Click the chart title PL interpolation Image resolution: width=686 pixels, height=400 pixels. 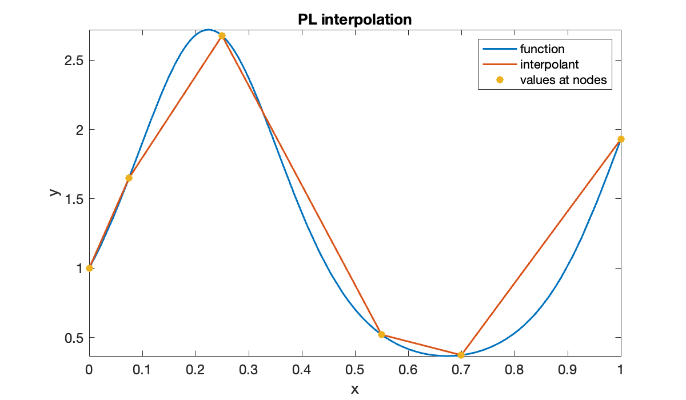[354, 19]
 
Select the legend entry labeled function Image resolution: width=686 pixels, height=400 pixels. [542, 49]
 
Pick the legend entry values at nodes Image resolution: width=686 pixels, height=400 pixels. [563, 80]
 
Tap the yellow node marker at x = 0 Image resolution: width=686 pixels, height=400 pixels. [89, 268]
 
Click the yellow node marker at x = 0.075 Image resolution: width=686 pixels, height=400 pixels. [129, 178]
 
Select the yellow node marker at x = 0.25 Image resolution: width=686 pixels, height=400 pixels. [222, 35]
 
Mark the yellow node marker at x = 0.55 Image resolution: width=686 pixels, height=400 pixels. [381, 334]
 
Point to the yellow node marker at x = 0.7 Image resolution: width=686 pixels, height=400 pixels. [461, 355]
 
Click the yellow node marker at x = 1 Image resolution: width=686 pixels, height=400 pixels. [621, 139]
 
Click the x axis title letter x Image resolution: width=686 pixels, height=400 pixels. [354, 389]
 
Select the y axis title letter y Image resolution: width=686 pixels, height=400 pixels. [54, 193]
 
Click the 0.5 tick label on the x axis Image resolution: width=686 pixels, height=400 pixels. [355, 370]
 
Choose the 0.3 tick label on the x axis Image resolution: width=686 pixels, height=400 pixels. [249, 370]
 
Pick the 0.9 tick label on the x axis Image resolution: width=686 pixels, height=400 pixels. [568, 370]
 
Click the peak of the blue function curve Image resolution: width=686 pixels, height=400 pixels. [209, 30]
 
